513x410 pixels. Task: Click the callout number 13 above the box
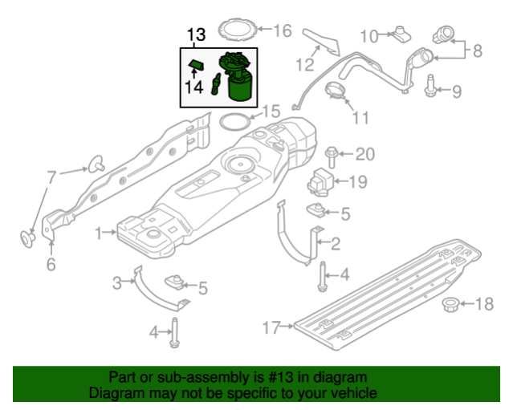click(x=197, y=35)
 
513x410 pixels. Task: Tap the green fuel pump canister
click(x=238, y=76)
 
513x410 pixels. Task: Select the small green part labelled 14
click(x=196, y=65)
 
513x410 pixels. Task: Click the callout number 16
click(x=283, y=30)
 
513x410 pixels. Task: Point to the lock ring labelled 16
click(x=237, y=30)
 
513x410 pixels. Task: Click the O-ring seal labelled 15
click(x=235, y=122)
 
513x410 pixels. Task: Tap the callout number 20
click(x=364, y=154)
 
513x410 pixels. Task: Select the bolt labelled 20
click(x=332, y=157)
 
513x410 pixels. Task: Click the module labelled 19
click(x=320, y=182)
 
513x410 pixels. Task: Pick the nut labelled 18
click(x=450, y=304)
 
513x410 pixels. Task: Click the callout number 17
click(x=271, y=327)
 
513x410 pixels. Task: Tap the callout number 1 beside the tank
click(x=99, y=233)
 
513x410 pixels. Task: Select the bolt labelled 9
click(x=430, y=86)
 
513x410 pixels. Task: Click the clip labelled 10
click(x=401, y=34)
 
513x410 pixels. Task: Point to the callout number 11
click(x=360, y=118)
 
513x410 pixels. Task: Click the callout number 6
click(x=51, y=264)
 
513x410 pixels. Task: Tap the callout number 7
click(x=52, y=177)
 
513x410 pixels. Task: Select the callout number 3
click(x=116, y=283)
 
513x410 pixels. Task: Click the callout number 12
click(x=304, y=65)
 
